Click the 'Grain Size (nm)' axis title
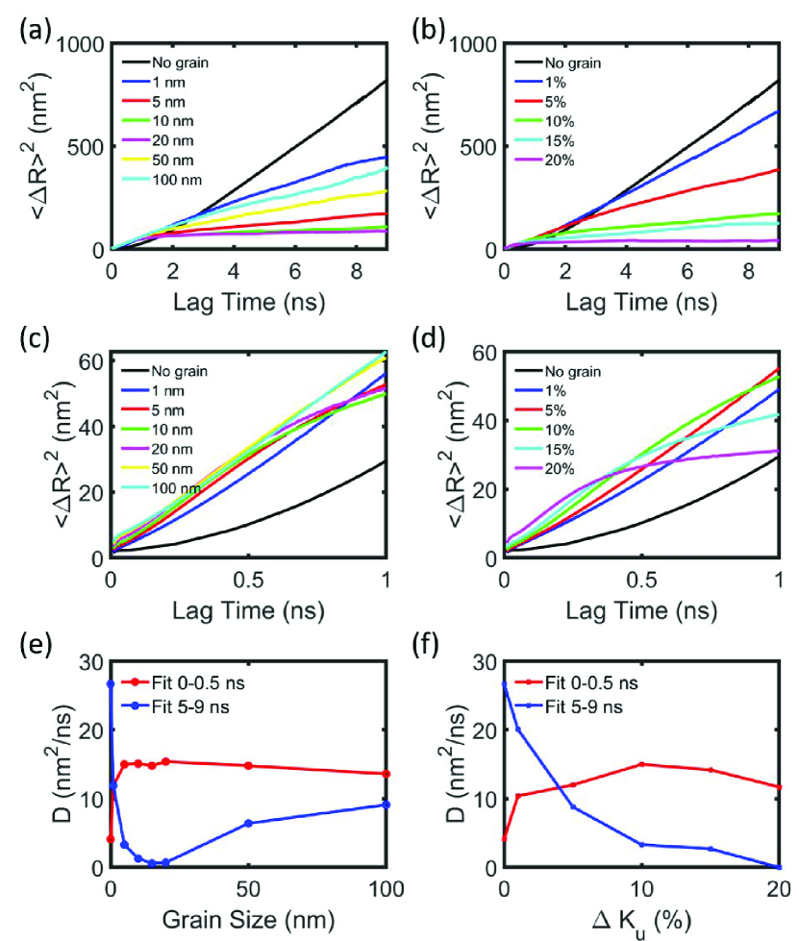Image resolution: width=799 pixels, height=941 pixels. (x=249, y=921)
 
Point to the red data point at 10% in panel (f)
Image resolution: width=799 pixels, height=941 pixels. (x=640, y=764)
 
